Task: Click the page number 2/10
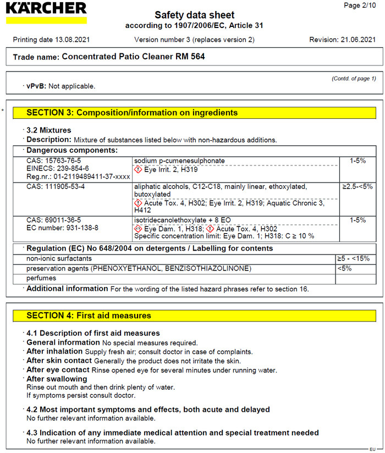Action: (x=361, y=5)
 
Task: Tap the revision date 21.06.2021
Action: (x=360, y=40)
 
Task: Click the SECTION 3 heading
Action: (x=132, y=113)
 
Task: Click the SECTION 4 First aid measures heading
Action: (x=89, y=316)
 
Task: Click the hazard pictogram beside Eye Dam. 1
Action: (x=138, y=229)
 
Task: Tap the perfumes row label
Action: (x=42, y=278)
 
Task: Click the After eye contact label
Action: (x=58, y=370)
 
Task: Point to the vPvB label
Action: (x=37, y=86)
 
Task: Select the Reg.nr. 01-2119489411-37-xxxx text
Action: (x=79, y=176)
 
